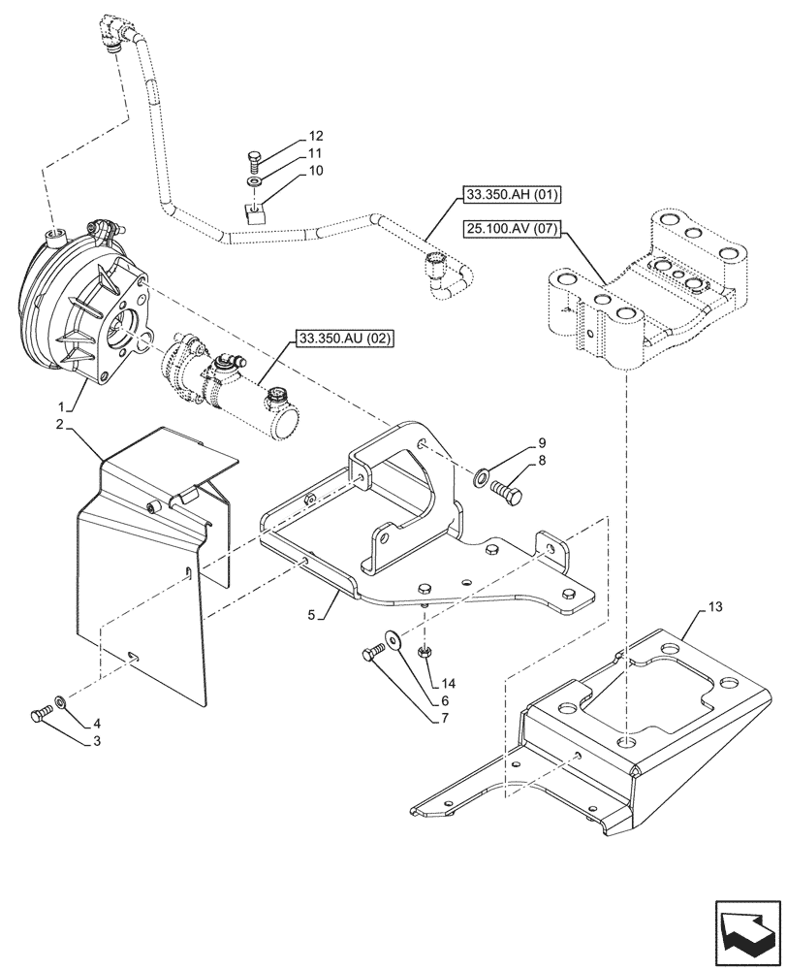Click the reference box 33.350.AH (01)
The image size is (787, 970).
pos(506,195)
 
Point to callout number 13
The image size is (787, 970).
pos(714,607)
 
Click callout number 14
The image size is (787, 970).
pos(447,683)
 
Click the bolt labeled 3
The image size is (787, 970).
pos(39,715)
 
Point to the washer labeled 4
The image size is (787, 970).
pos(61,700)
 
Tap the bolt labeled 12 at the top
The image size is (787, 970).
pos(254,157)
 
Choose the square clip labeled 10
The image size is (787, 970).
pos(254,212)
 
